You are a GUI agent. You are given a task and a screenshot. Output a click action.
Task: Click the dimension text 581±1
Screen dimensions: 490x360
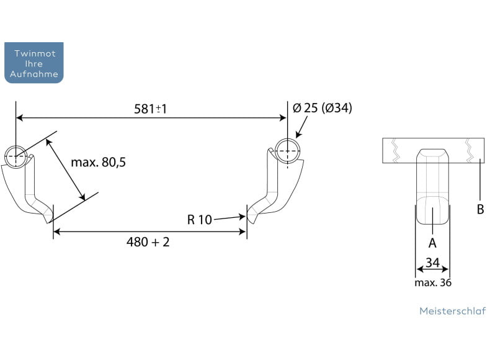tap(151, 109)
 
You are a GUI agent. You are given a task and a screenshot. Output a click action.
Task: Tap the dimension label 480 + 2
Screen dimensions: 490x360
tap(148, 242)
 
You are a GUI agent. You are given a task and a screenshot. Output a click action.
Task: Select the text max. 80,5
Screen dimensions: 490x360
tap(99, 163)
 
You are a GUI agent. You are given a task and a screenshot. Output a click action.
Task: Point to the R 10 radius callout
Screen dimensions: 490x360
tap(200, 220)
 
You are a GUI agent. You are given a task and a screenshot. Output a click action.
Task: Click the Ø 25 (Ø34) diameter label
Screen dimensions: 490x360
tap(323, 108)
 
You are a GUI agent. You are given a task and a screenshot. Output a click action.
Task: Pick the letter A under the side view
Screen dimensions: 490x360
tap(432, 243)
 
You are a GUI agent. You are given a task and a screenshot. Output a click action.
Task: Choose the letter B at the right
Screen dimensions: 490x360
tap(481, 209)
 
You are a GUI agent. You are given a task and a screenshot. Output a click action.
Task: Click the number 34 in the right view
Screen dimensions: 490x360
tap(433, 263)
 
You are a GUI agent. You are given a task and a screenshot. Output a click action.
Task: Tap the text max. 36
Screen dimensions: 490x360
tap(433, 283)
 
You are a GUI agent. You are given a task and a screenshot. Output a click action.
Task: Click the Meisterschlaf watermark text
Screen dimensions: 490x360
tap(453, 311)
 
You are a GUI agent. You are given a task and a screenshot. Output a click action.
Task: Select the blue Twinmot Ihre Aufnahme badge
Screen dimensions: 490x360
tap(34, 63)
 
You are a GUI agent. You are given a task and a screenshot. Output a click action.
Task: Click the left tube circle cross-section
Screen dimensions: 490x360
tap(16, 156)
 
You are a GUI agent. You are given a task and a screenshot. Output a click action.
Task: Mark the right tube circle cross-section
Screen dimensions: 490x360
tap(288, 151)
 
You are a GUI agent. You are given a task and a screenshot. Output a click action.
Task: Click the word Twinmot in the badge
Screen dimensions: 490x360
tap(35, 53)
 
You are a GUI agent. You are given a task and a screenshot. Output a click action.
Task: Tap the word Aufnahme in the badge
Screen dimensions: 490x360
tap(34, 74)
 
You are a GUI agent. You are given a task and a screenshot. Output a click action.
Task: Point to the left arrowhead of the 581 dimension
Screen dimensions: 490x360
tap(19, 118)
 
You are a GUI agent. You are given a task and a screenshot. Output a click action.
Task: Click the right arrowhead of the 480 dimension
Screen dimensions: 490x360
tap(243, 232)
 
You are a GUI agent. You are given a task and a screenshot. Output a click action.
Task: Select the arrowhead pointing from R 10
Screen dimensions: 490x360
tap(241, 217)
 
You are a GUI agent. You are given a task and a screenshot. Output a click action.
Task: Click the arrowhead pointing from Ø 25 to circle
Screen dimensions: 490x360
tap(298, 135)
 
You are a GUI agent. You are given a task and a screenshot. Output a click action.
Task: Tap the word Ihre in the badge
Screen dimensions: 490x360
tap(34, 64)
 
